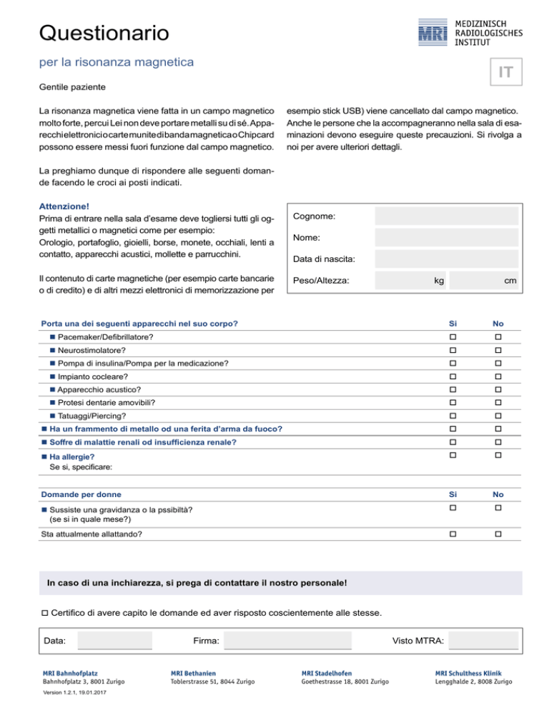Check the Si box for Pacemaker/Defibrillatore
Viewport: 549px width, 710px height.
click(x=452, y=336)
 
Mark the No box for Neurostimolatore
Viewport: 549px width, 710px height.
click(x=498, y=350)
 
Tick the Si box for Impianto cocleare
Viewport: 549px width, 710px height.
click(x=452, y=376)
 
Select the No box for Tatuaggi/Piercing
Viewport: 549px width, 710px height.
click(x=498, y=416)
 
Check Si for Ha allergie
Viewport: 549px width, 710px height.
click(x=452, y=456)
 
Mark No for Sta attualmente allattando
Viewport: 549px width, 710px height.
click(x=498, y=534)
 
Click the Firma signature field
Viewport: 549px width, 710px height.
click(x=288, y=641)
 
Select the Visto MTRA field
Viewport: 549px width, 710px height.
click(x=484, y=641)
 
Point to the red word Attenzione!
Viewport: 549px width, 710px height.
click(x=64, y=206)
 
